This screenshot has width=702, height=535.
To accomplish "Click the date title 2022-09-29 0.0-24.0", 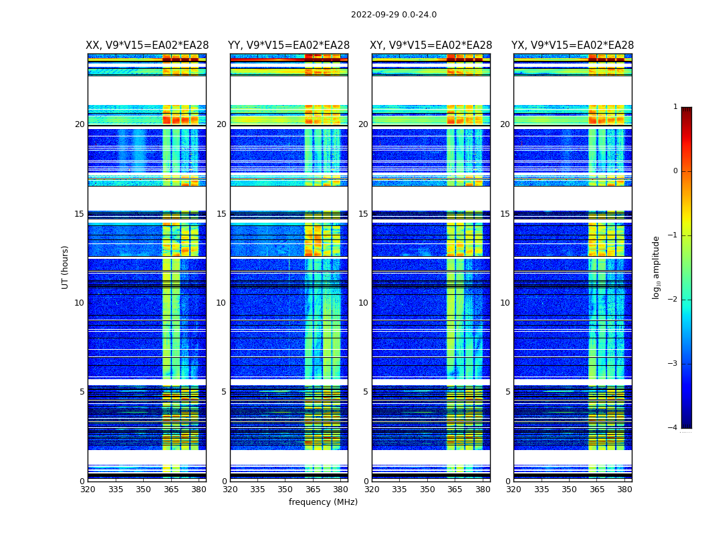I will [x=394, y=15].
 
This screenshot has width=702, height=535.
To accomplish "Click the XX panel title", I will [x=147, y=45].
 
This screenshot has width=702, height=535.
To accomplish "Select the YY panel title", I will [x=289, y=45].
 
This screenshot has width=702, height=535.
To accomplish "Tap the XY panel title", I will [x=431, y=45].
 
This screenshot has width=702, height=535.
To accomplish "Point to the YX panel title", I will [x=572, y=45].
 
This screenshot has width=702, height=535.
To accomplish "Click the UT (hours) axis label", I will [x=66, y=267].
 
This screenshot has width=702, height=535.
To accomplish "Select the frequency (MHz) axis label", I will [x=323, y=502].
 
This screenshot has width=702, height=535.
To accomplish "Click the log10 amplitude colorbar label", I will [x=657, y=267].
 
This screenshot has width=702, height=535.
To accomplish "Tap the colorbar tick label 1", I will [x=675, y=107].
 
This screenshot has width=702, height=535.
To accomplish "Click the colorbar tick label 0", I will [x=675, y=171].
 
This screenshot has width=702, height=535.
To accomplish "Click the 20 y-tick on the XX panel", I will [x=80, y=124].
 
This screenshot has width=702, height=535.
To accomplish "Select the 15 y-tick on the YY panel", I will [x=221, y=214].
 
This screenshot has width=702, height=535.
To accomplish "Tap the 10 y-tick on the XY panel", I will [x=363, y=303].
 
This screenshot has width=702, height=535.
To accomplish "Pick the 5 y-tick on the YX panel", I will [x=507, y=392].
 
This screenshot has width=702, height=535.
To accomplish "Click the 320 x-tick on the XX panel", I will [x=88, y=490].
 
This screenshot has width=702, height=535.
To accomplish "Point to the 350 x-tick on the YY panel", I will [x=285, y=490].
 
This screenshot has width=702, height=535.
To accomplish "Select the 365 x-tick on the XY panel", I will [x=455, y=490].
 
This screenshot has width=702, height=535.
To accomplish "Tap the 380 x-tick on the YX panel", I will [x=624, y=490].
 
